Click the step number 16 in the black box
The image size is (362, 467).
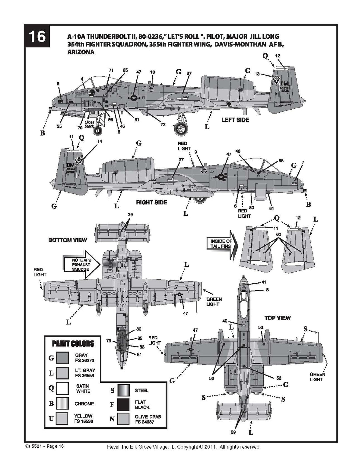coord(37,37)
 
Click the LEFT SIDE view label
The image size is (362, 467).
coord(235,120)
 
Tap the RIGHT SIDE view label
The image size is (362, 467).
coord(151,202)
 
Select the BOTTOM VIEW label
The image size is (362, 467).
coord(68,240)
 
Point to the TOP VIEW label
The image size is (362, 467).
coord(278,318)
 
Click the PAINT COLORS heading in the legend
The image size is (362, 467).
coord(73,343)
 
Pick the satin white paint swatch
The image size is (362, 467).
coord(63,388)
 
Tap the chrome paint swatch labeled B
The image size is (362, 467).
coord(63,404)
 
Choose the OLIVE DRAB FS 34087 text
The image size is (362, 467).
coord(148,419)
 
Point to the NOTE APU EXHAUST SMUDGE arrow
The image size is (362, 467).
coord(81,265)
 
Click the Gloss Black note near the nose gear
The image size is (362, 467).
coord(89,124)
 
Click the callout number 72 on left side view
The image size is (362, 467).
coord(163,124)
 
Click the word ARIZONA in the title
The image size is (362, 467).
coord(81,52)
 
